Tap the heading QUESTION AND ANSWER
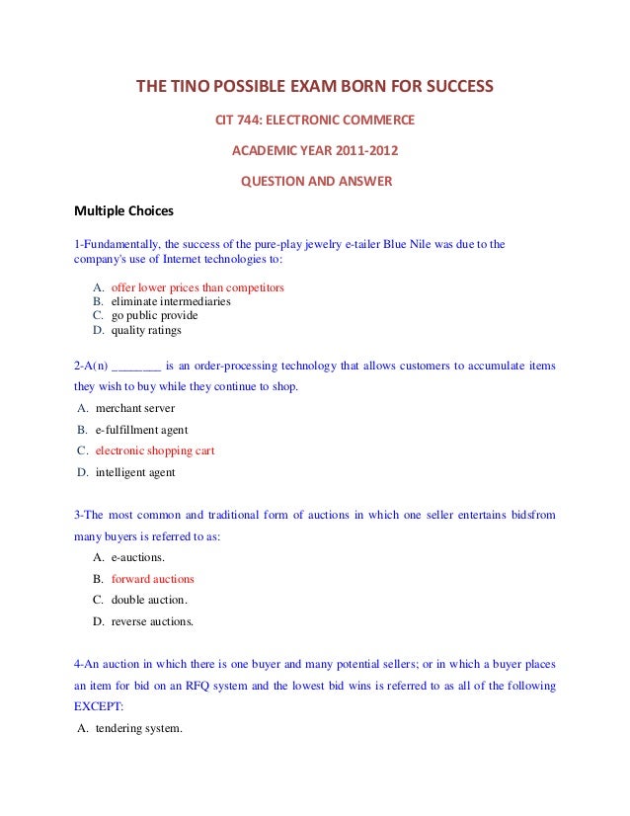(x=317, y=182)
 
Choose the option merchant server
(x=137, y=408)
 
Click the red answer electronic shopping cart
(x=155, y=450)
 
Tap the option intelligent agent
(x=135, y=472)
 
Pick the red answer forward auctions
(x=153, y=579)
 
